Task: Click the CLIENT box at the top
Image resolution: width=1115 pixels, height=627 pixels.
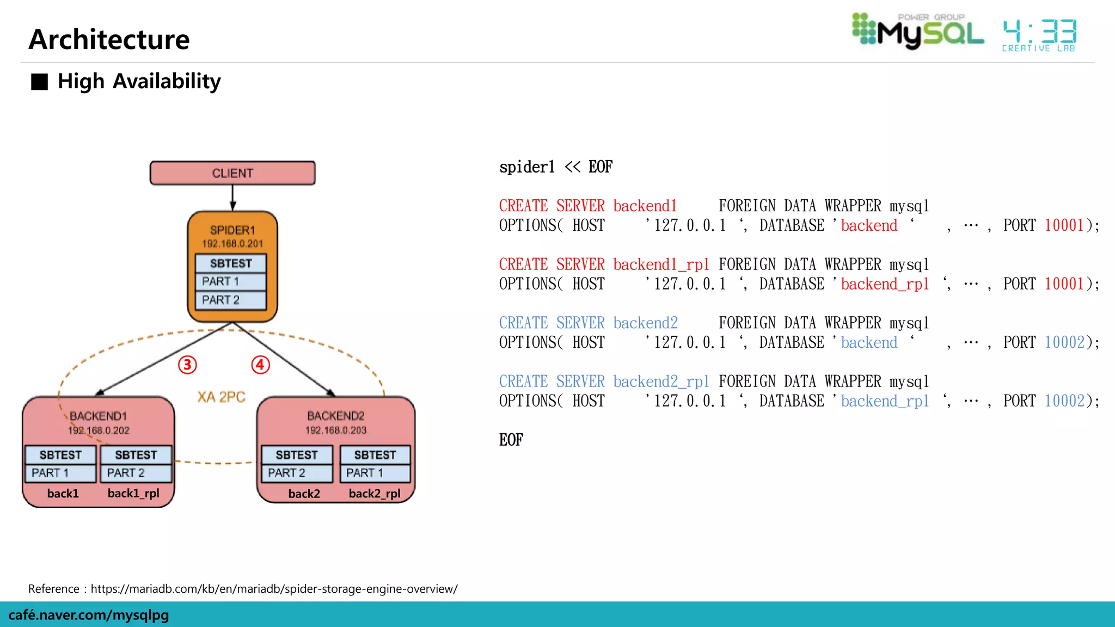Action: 232,173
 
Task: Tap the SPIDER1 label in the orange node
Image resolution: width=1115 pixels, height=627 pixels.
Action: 232,230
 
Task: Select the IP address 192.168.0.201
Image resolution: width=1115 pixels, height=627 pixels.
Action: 232,244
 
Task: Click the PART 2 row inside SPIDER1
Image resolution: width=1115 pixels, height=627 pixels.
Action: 231,300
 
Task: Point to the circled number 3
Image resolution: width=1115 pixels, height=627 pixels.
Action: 187,365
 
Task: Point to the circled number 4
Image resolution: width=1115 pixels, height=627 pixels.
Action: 260,365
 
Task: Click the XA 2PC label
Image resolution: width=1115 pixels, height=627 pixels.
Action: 221,397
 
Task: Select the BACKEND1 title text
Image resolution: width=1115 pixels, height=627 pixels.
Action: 98,416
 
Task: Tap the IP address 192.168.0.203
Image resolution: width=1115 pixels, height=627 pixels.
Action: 336,431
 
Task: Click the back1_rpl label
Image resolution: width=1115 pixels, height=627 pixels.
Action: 133,494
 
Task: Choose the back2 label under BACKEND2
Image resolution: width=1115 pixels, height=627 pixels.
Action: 304,494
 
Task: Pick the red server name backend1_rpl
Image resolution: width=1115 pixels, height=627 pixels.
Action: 661,265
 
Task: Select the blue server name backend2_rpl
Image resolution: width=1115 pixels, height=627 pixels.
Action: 661,382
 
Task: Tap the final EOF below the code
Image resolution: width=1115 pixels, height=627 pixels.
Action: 511,440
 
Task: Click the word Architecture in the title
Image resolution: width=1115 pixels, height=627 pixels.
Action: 109,39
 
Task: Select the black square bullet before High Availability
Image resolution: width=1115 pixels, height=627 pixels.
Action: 39,82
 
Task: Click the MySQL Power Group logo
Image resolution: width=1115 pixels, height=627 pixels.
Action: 918,32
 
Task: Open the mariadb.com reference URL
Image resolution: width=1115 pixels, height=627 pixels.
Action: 274,589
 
